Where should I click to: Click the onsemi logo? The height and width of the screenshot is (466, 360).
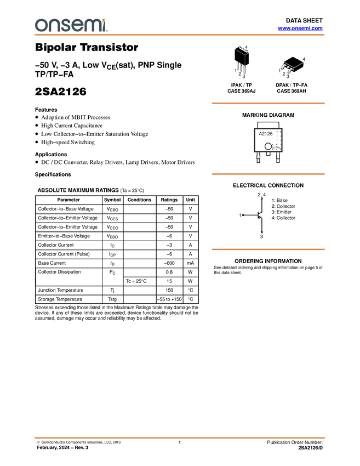click(x=71, y=25)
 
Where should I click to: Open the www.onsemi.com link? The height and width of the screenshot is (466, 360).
click(x=300, y=28)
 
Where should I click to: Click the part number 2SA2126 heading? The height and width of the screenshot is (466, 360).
click(x=61, y=92)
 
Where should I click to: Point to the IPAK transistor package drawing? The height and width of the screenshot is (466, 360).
click(x=241, y=61)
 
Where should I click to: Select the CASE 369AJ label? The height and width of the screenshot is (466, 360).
click(x=242, y=91)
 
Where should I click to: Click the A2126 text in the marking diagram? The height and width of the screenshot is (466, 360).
click(x=266, y=134)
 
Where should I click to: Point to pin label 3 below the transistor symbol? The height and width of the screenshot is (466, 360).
click(x=261, y=237)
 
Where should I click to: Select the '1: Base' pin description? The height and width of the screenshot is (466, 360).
click(x=279, y=200)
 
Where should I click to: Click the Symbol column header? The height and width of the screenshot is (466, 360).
click(x=112, y=200)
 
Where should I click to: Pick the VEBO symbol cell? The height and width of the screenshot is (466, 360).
click(x=112, y=236)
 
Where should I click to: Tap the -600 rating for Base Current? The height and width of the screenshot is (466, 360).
click(x=169, y=263)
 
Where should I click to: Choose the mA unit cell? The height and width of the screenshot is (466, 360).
click(x=190, y=263)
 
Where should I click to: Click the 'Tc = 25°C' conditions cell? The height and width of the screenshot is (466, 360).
click(x=136, y=281)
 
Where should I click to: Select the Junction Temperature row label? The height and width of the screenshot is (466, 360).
click(x=61, y=290)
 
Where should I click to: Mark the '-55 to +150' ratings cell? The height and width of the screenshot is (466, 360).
click(x=169, y=299)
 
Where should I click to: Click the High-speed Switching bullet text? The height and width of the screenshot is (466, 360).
click(x=68, y=143)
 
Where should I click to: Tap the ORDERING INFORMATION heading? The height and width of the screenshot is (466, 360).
click(x=268, y=261)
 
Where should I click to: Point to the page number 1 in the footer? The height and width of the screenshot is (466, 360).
click(x=180, y=442)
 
